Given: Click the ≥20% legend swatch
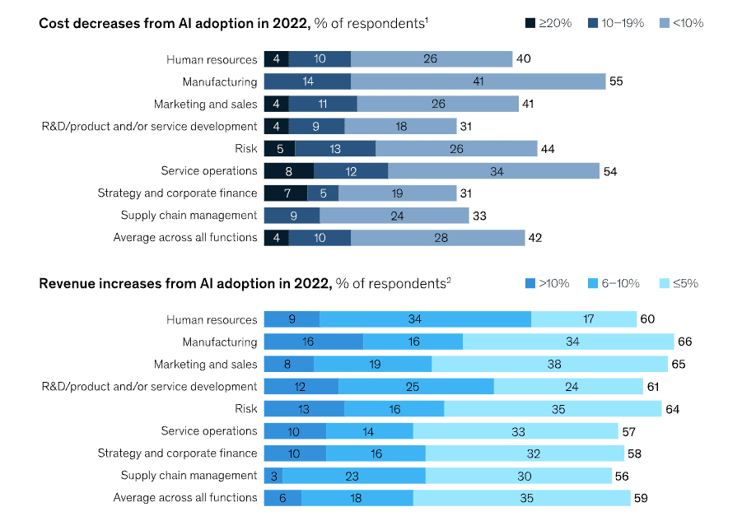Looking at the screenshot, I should (530, 23).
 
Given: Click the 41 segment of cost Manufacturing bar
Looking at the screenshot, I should (478, 81).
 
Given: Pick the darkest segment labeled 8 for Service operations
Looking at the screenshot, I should (288, 171).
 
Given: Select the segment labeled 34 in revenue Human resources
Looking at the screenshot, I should (425, 319).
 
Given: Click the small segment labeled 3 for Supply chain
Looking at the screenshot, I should (273, 476).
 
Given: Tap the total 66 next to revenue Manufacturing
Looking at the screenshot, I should (685, 342).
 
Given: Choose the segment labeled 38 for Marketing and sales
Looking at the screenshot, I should (549, 364).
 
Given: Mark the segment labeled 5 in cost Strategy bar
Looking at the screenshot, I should (323, 193).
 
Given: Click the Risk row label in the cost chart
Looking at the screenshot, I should (246, 149).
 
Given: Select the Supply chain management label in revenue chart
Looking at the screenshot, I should (189, 476).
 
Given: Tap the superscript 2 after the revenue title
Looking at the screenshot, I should (449, 281).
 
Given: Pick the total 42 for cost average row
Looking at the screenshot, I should (534, 238).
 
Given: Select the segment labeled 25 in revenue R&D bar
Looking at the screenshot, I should (416, 386).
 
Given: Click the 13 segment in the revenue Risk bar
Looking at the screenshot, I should (304, 408).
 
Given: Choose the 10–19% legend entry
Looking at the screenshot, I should (615, 23).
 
